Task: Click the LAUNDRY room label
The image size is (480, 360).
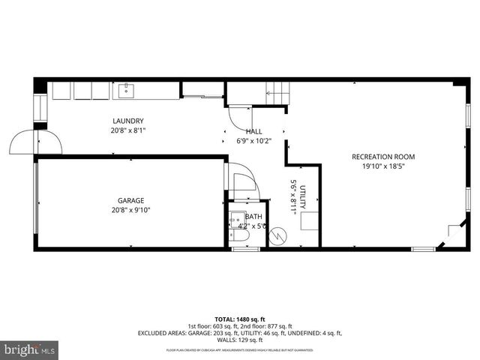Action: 128,121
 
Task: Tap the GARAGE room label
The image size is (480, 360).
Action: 130,200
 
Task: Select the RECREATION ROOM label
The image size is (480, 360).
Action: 383,157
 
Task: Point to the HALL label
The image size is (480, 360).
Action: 254,130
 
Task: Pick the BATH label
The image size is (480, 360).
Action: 253,217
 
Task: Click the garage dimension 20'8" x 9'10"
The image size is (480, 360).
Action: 130,210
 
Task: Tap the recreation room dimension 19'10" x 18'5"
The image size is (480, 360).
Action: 383,166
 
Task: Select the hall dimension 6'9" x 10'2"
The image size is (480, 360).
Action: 254,140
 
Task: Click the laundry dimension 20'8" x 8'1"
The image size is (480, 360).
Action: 128,130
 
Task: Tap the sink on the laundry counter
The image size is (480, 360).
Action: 124,91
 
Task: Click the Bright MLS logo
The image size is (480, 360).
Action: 30,349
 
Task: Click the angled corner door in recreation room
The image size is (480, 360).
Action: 453,234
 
